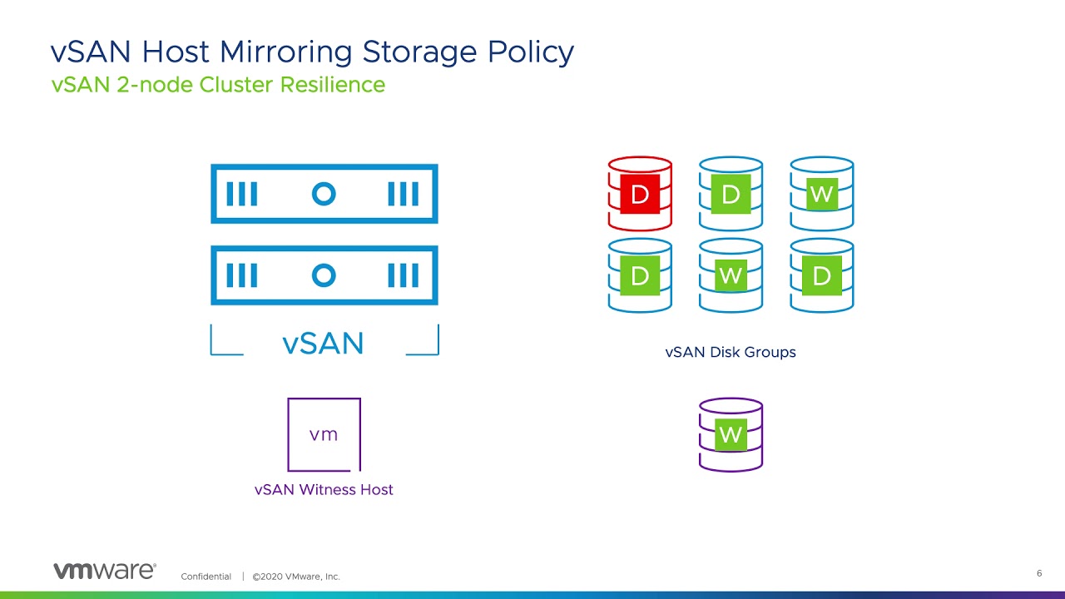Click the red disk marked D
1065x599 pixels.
(x=640, y=194)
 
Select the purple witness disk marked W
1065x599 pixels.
(x=731, y=434)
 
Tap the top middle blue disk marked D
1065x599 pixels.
(x=731, y=194)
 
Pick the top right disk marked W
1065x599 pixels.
(x=821, y=194)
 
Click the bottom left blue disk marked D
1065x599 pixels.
(x=640, y=275)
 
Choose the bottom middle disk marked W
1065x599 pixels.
(x=731, y=275)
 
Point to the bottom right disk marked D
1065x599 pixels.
(x=821, y=275)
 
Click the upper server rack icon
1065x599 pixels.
(x=324, y=194)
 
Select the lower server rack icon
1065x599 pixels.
(x=324, y=275)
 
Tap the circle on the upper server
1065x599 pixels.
(x=324, y=194)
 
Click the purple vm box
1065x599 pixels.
(x=324, y=434)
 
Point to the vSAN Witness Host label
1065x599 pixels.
(x=324, y=490)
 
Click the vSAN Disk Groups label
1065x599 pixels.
(x=731, y=353)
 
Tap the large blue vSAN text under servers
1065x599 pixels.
(x=323, y=344)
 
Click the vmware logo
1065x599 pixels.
(x=104, y=571)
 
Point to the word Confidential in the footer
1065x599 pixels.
(x=206, y=577)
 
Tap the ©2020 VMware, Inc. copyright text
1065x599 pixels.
(x=296, y=577)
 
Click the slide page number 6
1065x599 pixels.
(x=1039, y=573)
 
